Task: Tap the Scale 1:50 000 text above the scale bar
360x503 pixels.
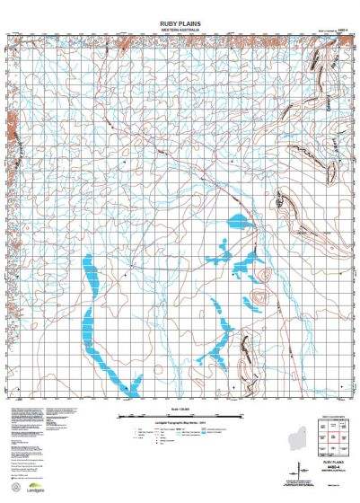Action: (179, 404)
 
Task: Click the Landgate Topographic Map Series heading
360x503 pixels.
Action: (179, 422)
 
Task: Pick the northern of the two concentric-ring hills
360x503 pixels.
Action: (262, 277)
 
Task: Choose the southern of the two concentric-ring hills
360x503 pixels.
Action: (258, 298)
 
